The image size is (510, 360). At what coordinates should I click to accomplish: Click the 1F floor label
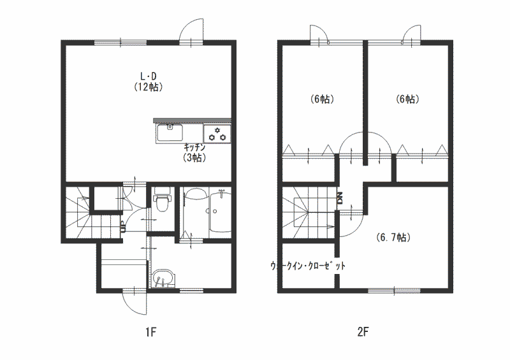coord(151,333)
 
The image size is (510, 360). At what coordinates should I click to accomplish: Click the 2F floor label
coord(363,333)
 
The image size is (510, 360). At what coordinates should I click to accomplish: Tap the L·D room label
coord(149,76)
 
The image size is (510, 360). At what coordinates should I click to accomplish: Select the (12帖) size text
coord(149,87)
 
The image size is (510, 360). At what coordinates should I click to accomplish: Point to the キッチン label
coord(194,147)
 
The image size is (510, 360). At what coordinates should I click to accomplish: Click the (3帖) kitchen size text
coord(194,158)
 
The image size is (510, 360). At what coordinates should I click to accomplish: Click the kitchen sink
coord(169,133)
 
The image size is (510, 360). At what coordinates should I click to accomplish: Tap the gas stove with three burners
coord(217,134)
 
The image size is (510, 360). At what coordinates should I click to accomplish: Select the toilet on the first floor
coord(162,199)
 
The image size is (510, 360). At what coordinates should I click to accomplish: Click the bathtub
coord(220,212)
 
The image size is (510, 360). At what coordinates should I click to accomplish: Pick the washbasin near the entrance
coord(163,278)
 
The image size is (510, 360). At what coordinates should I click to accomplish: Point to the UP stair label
coord(123,227)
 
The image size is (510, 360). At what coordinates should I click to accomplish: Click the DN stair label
coord(340,198)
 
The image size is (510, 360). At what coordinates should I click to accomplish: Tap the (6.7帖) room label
coord(393,238)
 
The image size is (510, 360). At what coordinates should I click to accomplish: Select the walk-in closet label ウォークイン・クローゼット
coord(308,266)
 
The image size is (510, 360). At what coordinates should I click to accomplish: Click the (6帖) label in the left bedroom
coord(322,99)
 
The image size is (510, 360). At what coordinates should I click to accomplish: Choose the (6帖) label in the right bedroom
coord(407,99)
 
